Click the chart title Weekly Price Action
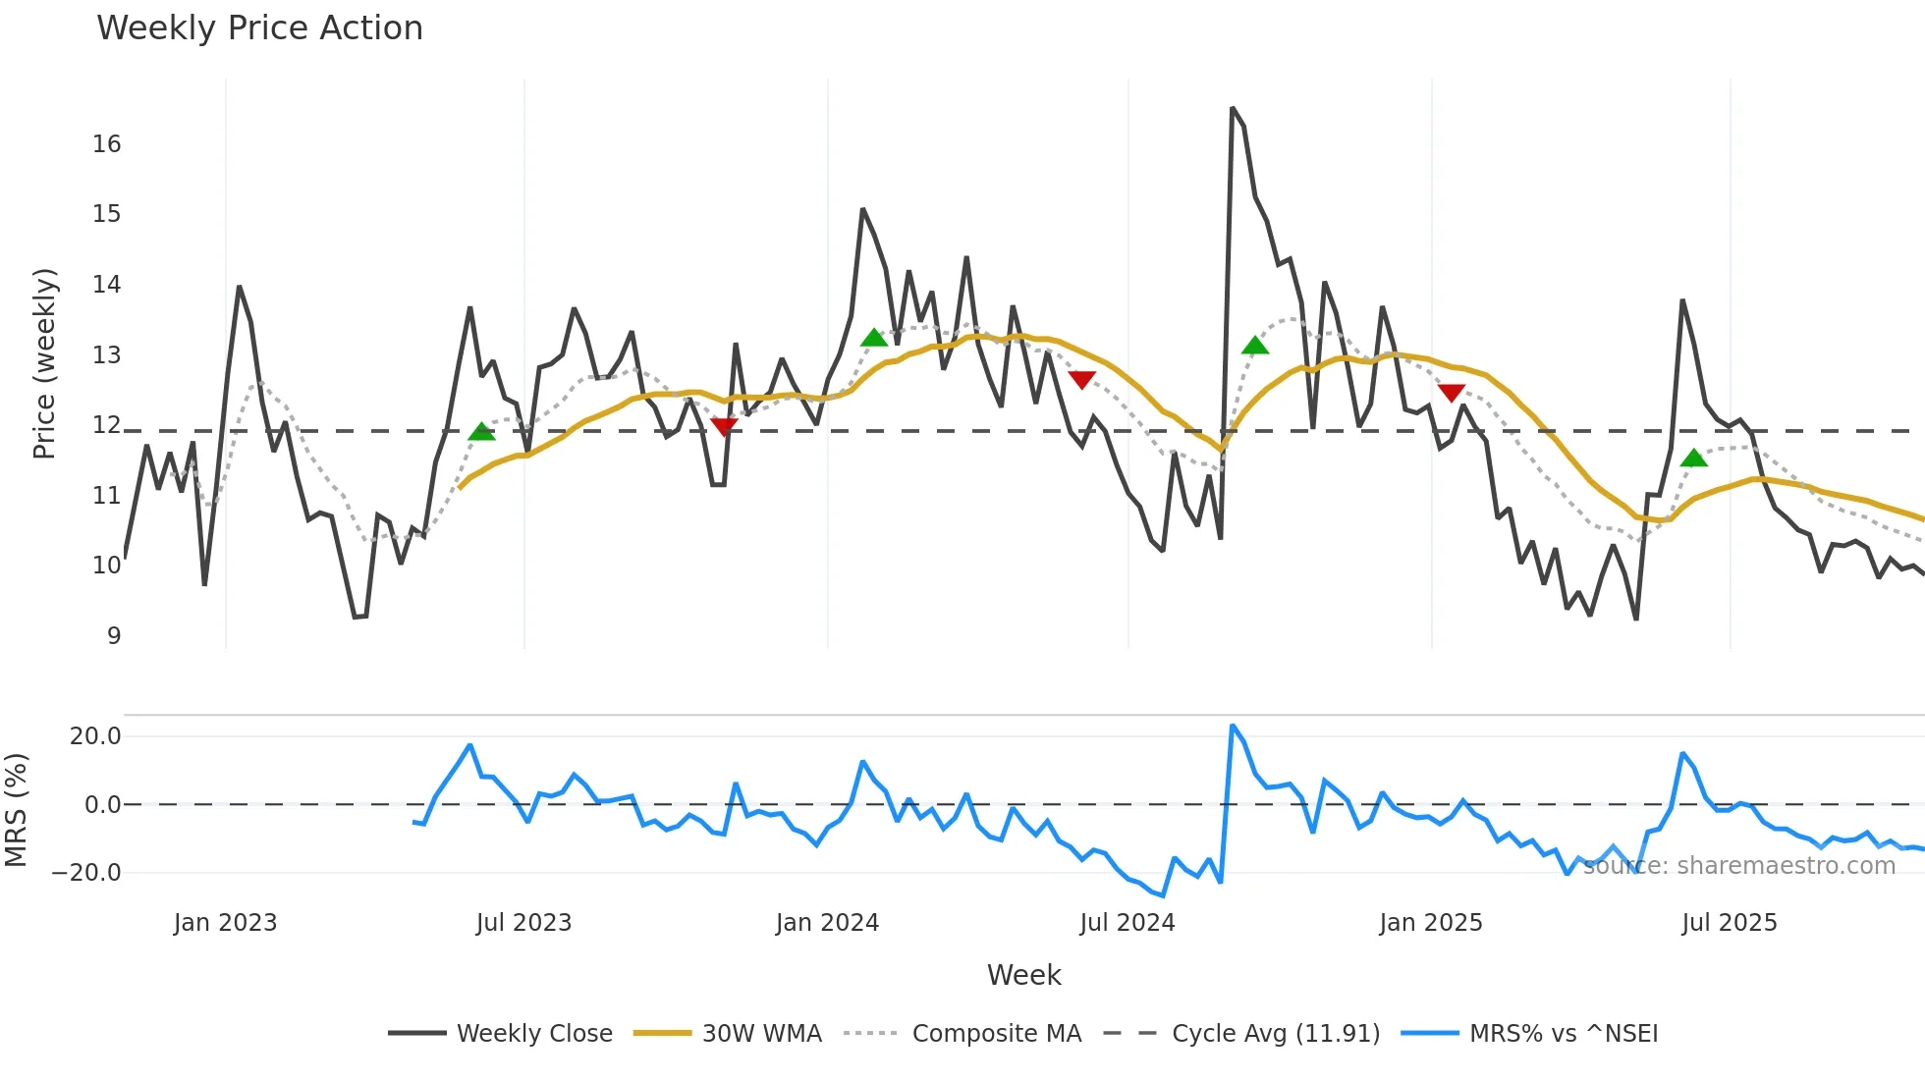tap(259, 28)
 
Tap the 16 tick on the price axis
tap(106, 144)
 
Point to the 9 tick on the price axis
tap(114, 636)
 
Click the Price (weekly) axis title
tap(44, 363)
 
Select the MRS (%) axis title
tap(16, 810)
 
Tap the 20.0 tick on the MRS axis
tap(95, 736)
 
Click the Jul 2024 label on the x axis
tap(1127, 923)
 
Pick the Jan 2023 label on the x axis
tap(225, 923)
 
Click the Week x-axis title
tap(1023, 975)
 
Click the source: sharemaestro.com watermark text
tap(1738, 866)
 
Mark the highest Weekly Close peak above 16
tap(1233, 108)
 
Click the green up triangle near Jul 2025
tap(1693, 458)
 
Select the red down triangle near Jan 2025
tap(1451, 393)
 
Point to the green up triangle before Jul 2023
tap(481, 431)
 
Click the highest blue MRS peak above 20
tap(1233, 727)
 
